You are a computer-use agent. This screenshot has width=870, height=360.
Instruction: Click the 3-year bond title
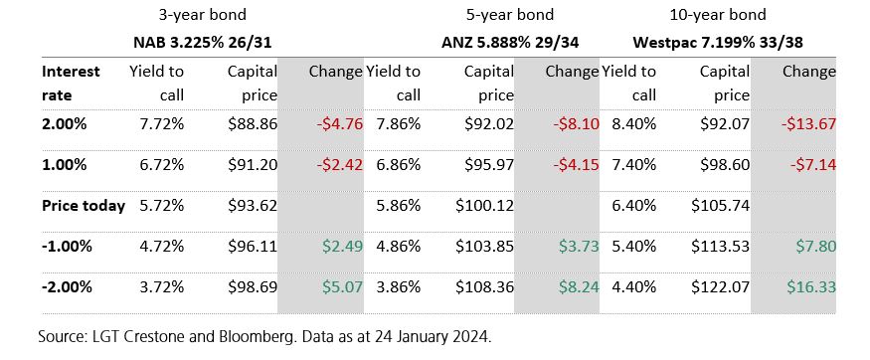coord(202,16)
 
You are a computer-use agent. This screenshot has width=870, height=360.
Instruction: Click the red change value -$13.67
coord(808,124)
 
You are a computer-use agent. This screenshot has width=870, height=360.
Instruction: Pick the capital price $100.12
coord(484,206)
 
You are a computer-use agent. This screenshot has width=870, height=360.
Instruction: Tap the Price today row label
coord(84,206)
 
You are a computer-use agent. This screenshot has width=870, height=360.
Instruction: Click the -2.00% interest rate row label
coord(67,286)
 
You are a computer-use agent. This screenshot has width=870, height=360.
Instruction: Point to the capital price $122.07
coord(722,286)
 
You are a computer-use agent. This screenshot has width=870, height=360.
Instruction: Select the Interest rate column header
coord(72,84)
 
